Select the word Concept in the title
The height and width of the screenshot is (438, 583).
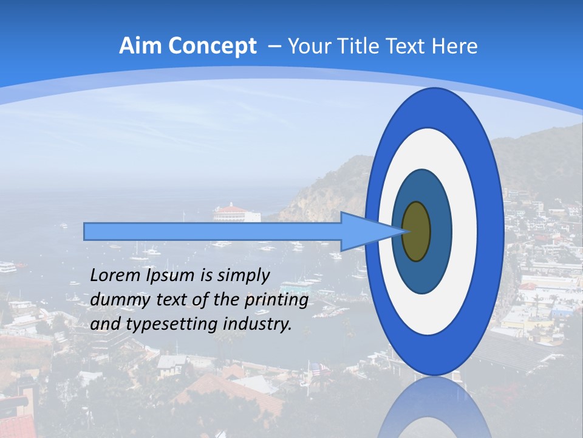pos(212,46)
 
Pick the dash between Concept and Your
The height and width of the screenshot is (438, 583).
pos(274,47)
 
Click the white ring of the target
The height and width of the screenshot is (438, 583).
pos(465,231)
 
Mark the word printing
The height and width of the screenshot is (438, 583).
pos(276,301)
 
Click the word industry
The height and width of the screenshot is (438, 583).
pos(257,325)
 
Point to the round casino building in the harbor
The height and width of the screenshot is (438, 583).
pos(236,212)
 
